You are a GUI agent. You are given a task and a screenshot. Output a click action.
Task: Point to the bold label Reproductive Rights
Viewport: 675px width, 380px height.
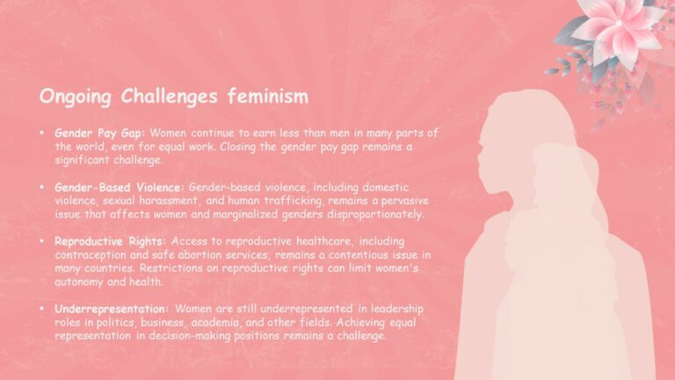[110, 240]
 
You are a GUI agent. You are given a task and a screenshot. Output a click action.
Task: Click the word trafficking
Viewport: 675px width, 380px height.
[279, 201]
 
